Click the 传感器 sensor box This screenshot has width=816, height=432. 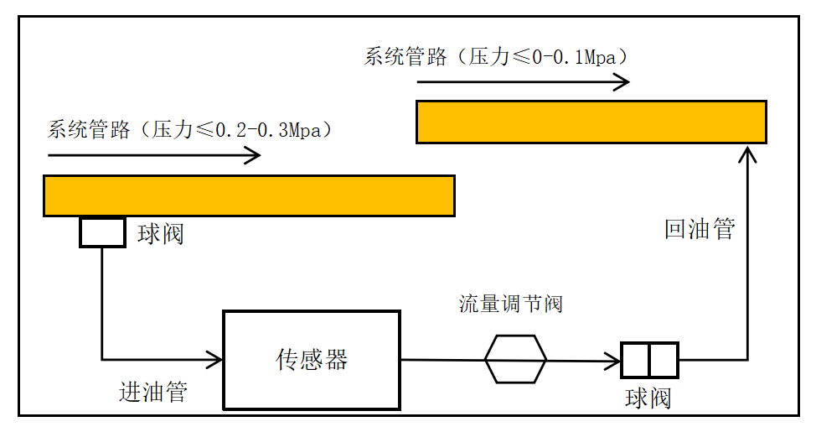pyautogui.click(x=311, y=360)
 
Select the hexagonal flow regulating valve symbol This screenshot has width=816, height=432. pyautogui.click(x=515, y=359)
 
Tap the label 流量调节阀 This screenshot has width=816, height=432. pyautogui.click(x=510, y=304)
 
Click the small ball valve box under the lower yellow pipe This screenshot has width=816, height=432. pyautogui.click(x=102, y=232)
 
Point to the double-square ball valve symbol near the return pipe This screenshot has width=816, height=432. pyautogui.click(x=649, y=360)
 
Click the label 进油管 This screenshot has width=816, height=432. pyautogui.click(x=153, y=392)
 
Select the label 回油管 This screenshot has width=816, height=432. pyautogui.click(x=700, y=229)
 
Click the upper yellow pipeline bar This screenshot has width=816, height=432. pyautogui.click(x=591, y=122)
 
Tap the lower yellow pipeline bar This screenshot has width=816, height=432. pyautogui.click(x=249, y=195)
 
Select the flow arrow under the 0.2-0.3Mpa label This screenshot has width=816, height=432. pyautogui.click(x=154, y=155)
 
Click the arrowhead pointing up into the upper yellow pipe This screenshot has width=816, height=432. pyautogui.click(x=747, y=154)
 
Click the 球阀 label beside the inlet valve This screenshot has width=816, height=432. pyautogui.click(x=160, y=234)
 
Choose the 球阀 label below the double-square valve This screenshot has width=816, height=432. pyautogui.click(x=648, y=398)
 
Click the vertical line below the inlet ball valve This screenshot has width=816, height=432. pyautogui.click(x=102, y=302)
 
